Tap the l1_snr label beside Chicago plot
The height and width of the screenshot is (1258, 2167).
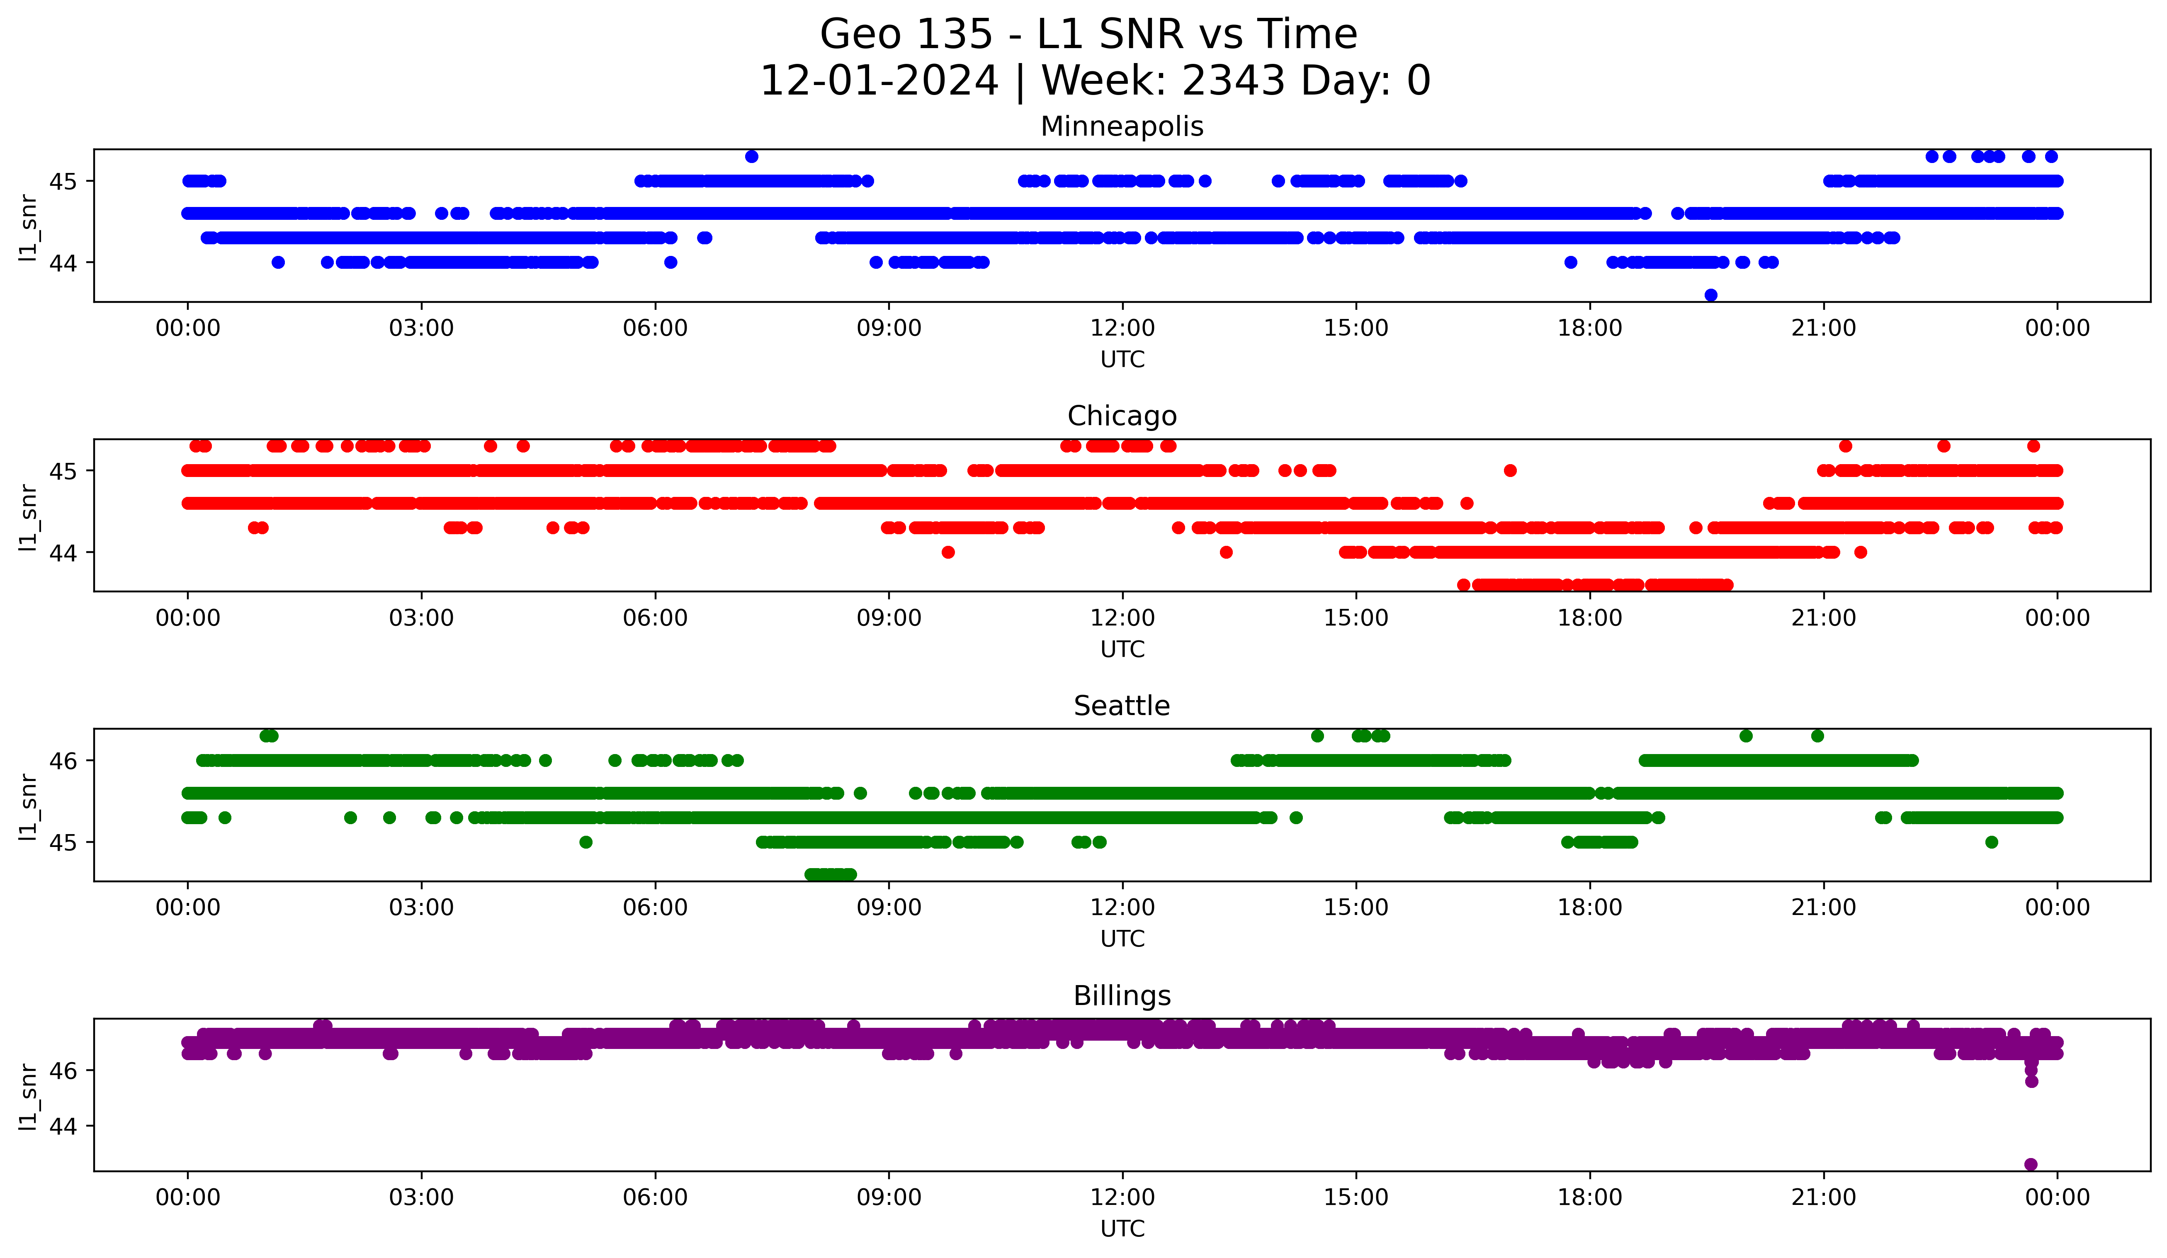coord(28,516)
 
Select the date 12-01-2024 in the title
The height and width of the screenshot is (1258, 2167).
coord(879,81)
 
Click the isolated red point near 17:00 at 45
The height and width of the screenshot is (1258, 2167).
coord(1510,470)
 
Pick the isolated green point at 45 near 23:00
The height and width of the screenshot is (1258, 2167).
coord(1992,842)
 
